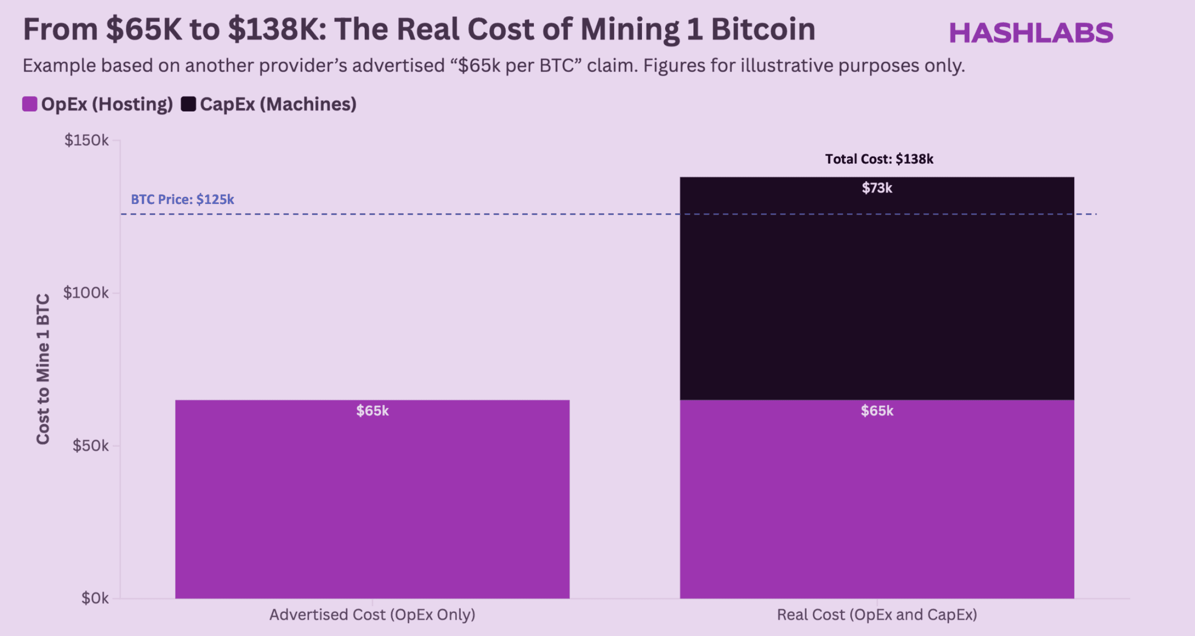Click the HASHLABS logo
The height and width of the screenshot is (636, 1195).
(1031, 33)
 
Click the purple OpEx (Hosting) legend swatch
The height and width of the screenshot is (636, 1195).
(30, 104)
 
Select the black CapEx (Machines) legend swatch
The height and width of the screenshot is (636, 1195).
(188, 104)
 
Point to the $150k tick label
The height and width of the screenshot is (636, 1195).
(86, 140)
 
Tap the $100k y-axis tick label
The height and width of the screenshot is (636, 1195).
(86, 293)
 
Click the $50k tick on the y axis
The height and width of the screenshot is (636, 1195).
(90, 446)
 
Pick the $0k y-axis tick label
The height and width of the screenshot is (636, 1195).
(95, 599)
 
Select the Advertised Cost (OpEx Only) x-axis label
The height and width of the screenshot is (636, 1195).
(372, 615)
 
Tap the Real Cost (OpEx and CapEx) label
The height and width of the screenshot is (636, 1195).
(877, 615)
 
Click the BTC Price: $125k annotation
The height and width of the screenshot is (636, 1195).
(182, 199)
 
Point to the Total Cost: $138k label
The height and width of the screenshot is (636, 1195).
(879, 160)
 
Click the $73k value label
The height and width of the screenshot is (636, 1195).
(877, 188)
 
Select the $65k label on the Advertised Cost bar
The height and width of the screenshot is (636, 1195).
(372, 411)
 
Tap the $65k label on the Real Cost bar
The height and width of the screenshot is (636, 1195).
(877, 411)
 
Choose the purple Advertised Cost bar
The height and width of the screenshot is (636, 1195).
(372, 505)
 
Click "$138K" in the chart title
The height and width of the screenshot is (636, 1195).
(273, 29)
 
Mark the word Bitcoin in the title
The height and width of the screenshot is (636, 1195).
(763, 29)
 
